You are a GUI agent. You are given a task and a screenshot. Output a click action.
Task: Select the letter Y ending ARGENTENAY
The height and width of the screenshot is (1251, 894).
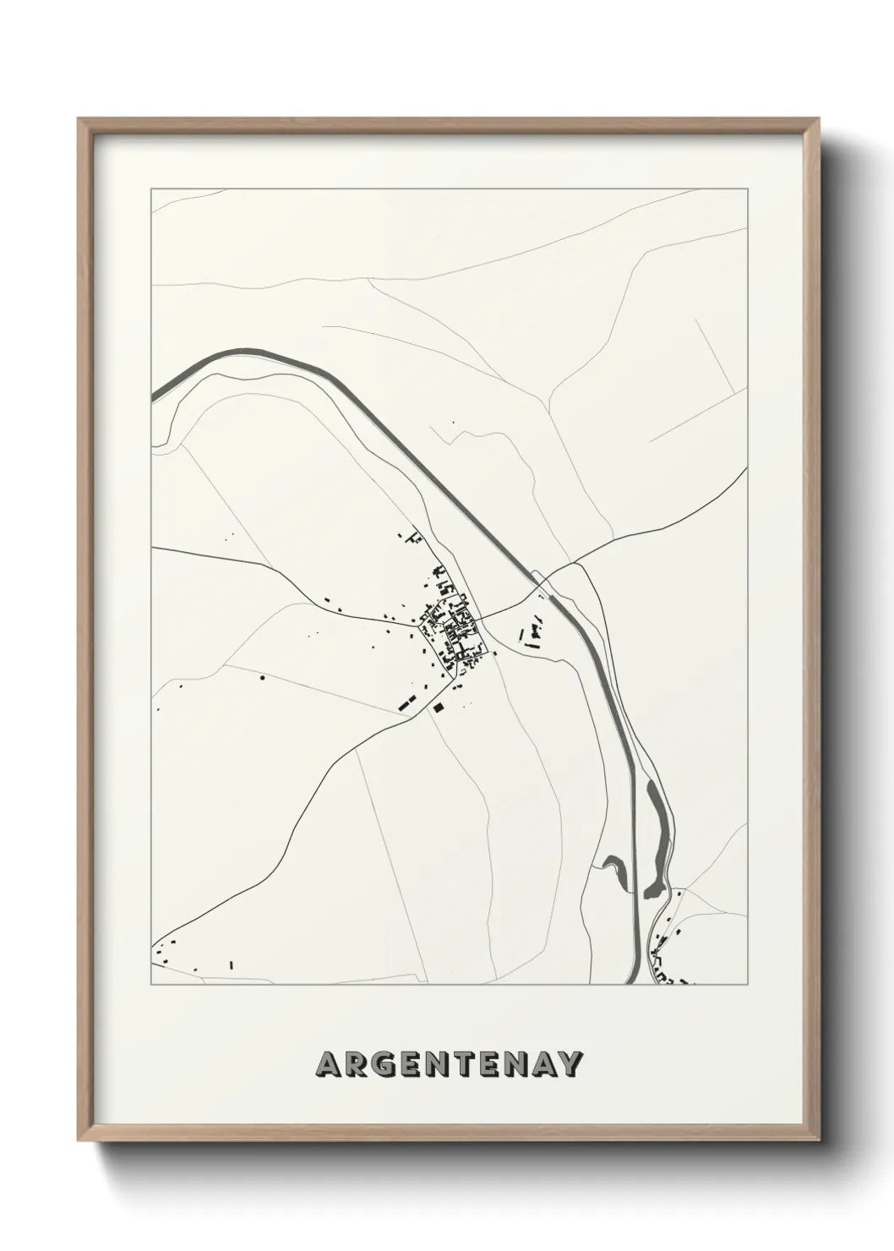pos(570,1065)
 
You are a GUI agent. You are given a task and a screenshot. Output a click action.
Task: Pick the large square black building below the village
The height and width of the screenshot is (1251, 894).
pos(438,708)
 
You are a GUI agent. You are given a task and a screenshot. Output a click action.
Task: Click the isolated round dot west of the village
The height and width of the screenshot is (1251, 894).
pos(262,677)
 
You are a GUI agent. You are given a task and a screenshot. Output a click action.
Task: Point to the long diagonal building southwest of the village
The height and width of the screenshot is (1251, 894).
pos(406,700)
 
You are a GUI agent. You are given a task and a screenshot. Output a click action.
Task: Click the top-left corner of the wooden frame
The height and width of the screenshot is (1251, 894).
pos(79,118)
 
